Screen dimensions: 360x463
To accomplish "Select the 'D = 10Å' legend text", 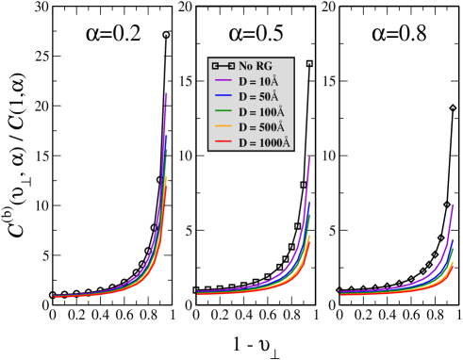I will coord(258,82).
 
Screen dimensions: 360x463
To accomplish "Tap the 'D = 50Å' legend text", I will coord(258,97).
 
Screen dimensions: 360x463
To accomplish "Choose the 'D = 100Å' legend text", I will coord(261,112).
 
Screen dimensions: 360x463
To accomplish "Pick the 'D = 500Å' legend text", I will coord(261,127).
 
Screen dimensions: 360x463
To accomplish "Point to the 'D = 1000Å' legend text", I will coord(264,142).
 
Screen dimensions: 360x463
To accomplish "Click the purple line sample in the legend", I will coord(223,82).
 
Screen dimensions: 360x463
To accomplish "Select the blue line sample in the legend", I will coord(223,97).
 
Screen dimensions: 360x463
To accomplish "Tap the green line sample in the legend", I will coord(223,112).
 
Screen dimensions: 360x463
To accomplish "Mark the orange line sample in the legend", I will coord(223,127).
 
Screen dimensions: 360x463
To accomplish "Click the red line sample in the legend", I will coord(223,142).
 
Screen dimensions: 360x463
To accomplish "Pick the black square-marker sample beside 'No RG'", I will coord(223,66).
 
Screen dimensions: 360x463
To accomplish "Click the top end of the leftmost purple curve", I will coord(167,93).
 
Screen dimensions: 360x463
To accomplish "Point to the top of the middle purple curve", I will coord(309,157).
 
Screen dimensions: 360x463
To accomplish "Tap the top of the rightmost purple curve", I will coord(453,205).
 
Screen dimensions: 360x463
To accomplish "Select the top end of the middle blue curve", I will coord(308,202).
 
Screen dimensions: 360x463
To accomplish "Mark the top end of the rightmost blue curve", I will coord(453,239).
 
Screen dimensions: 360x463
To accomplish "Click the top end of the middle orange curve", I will coord(309,236).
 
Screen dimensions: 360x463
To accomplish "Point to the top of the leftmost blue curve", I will coord(167,137).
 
